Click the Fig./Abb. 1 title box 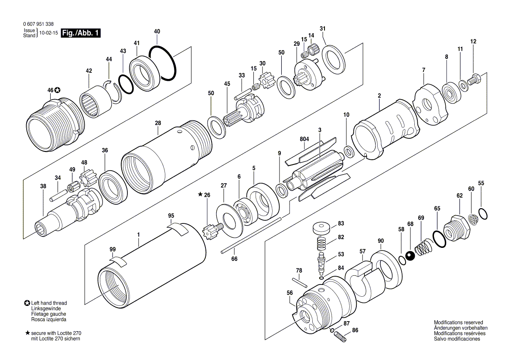[81, 33]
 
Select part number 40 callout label [157, 31]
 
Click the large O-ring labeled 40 [163, 63]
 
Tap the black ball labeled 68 [410, 255]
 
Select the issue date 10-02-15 [48, 33]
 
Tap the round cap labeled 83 [322, 228]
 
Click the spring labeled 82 [322, 242]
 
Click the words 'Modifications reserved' [458, 322]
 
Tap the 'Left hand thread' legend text [49, 303]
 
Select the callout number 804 [304, 139]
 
